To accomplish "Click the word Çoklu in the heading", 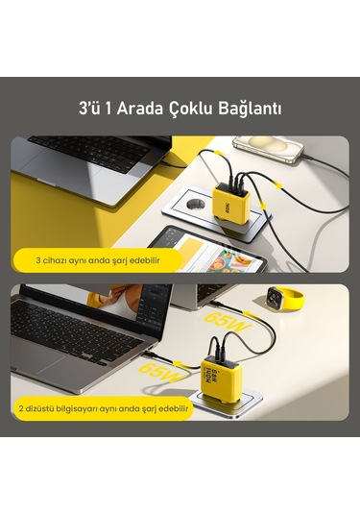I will coord(190,109).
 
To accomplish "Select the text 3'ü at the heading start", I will coord(88,109).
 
